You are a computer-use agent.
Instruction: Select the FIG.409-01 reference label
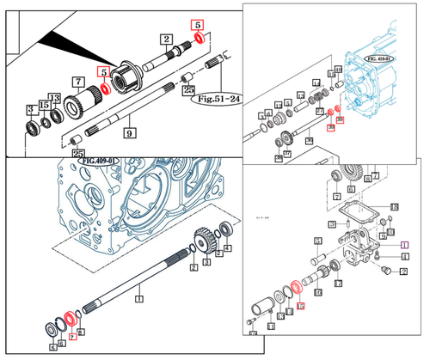tap(100, 160)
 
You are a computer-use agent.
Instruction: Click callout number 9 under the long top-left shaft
tap(129, 133)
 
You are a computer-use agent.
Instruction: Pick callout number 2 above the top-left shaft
tap(165, 39)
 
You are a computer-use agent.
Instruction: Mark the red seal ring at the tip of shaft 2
tap(199, 39)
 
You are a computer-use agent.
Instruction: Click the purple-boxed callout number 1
tap(402, 245)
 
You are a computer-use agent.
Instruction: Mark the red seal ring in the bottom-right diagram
tap(294, 286)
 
